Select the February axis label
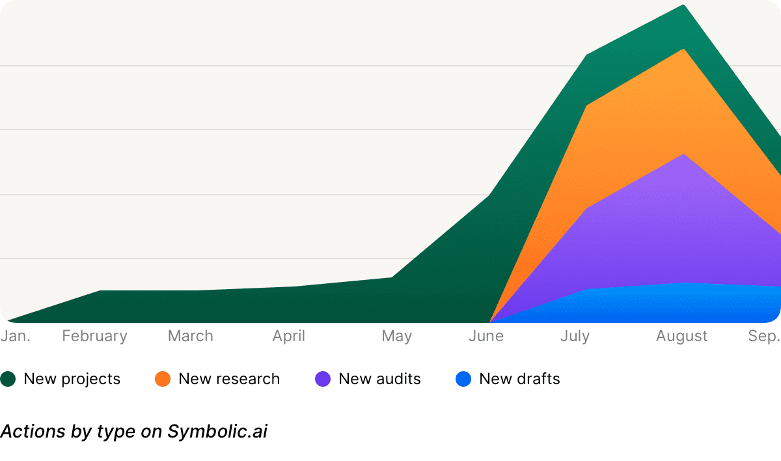click(x=95, y=336)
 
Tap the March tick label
click(x=191, y=336)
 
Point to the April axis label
click(x=289, y=336)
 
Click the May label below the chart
click(x=397, y=336)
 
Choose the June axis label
click(x=486, y=336)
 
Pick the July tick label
click(x=575, y=336)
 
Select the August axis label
click(x=681, y=336)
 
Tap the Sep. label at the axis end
click(x=763, y=336)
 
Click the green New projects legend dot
click(x=8, y=379)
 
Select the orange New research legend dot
click(x=163, y=379)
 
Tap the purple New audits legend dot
click(x=323, y=379)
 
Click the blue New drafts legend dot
click(x=463, y=379)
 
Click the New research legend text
click(x=229, y=379)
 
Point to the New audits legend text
click(x=380, y=379)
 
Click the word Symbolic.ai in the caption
click(x=217, y=431)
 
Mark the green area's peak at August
click(x=683, y=6)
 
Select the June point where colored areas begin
click(x=489, y=322)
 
